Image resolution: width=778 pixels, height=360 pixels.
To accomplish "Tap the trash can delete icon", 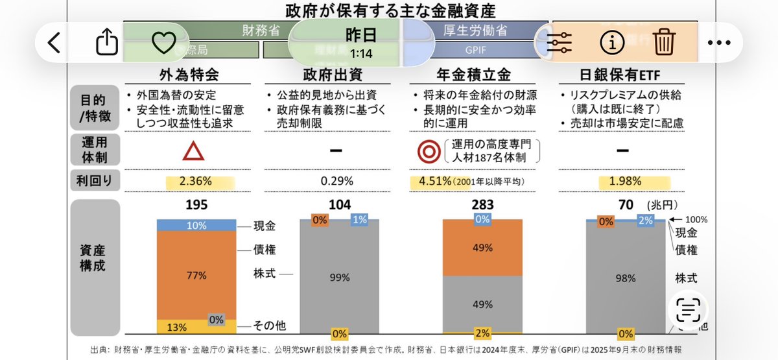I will coord(664,43).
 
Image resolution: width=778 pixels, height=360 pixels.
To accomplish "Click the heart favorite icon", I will coord(163,43).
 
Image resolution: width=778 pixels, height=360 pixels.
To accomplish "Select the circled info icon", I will coord(611,43).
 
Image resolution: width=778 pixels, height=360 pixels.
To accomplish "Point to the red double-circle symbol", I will coord(428,150).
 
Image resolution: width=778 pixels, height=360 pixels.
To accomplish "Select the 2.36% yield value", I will coord(196,181).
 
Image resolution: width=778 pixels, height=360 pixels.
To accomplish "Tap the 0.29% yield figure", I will coord(336,181).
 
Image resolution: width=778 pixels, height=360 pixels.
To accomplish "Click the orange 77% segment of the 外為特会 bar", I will coord(196,275).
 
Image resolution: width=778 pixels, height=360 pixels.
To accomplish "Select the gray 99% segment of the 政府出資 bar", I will coord(339,277).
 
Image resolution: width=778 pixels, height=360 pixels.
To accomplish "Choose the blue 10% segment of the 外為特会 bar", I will coord(196,225).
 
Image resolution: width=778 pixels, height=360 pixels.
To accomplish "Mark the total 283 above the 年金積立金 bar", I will coord(482,205).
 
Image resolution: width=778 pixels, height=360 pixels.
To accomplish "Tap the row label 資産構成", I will coord(95,258).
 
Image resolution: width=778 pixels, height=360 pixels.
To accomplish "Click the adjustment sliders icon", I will coord(559,43).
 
